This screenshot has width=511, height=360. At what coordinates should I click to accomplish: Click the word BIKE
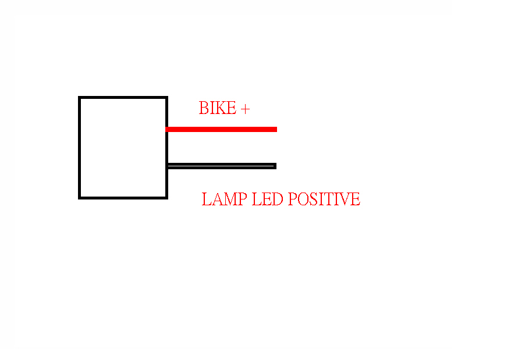(217, 108)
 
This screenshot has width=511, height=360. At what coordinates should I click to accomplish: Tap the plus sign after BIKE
(245, 109)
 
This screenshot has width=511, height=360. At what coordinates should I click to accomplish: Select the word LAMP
(224, 199)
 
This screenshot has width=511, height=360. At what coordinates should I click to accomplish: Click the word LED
(268, 199)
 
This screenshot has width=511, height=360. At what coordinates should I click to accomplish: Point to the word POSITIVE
(324, 199)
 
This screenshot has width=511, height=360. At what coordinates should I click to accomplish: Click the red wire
(221, 129)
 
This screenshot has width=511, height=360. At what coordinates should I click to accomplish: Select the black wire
(222, 166)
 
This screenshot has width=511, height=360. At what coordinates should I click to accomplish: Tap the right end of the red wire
(276, 129)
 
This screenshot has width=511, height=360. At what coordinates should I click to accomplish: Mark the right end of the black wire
(276, 166)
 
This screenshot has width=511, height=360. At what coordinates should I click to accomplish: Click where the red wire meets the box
(166, 129)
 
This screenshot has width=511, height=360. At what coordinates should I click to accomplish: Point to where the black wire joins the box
(167, 166)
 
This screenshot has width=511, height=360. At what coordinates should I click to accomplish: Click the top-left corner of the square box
(80, 97)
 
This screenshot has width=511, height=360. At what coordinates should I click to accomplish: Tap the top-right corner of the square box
(167, 97)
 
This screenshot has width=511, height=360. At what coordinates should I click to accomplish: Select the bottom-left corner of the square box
(80, 198)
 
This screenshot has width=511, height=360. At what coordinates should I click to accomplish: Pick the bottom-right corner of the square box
(167, 198)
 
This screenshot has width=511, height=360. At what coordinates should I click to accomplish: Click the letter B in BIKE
(204, 108)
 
